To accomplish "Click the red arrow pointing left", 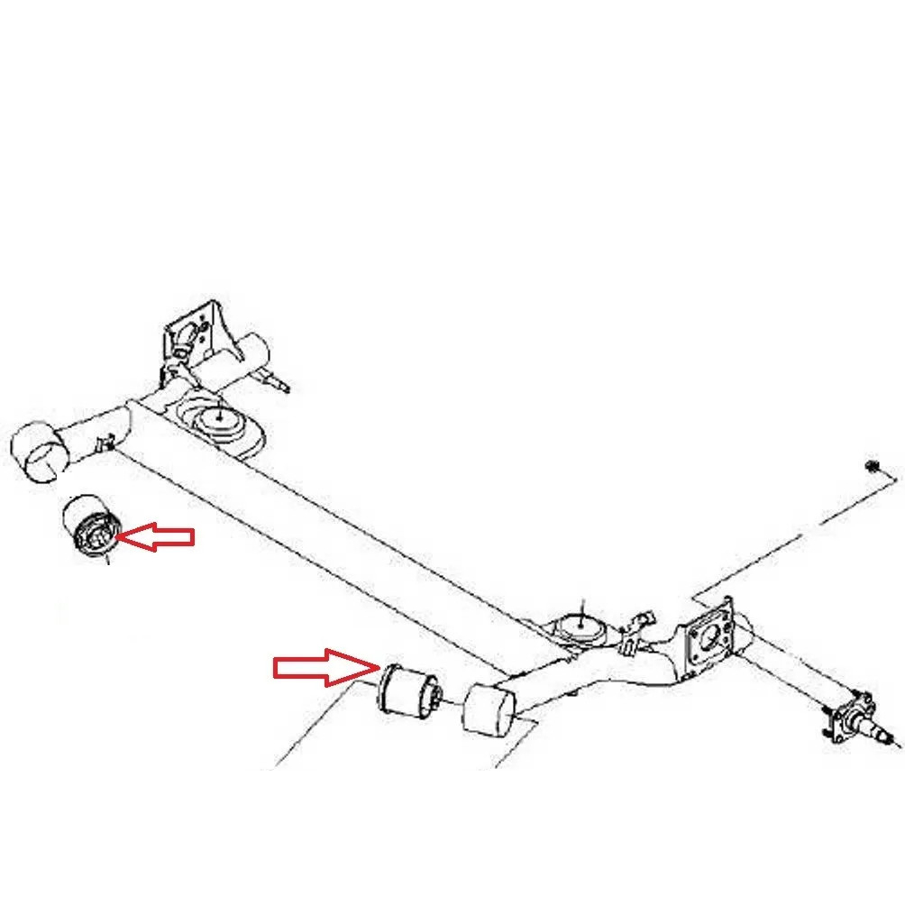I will click(157, 537).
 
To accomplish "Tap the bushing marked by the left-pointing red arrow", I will click(93, 527).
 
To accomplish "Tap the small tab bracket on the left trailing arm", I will click(105, 441).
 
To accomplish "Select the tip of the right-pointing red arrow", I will click(377, 667).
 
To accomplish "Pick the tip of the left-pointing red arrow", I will click(119, 537).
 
